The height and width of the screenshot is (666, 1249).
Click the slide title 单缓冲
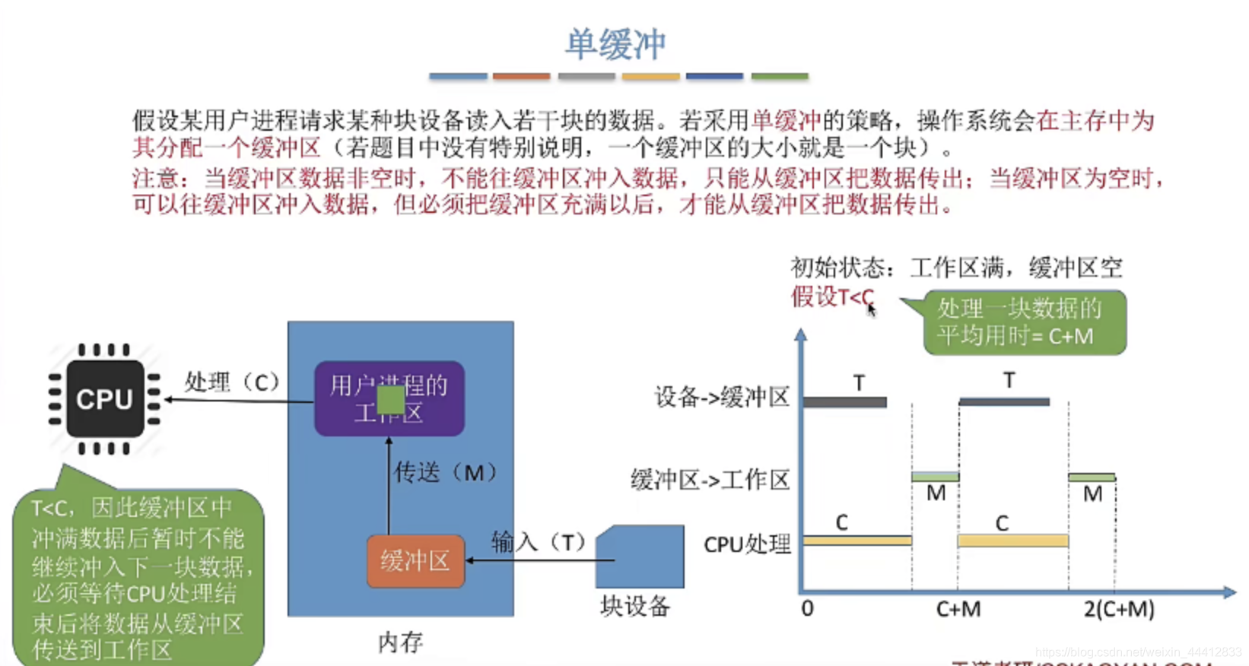(615, 44)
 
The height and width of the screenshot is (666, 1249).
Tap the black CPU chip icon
(105, 398)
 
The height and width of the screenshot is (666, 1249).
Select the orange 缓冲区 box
(415, 561)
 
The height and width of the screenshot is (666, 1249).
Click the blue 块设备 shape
(640, 557)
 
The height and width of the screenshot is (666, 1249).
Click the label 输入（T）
(538, 542)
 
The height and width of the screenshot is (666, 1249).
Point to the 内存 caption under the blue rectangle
(401, 642)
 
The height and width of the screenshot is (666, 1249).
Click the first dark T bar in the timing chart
(845, 402)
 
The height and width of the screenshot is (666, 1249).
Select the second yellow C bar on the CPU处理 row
(1012, 541)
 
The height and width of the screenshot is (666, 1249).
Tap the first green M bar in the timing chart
(935, 477)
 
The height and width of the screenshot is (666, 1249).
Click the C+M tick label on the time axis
(958, 609)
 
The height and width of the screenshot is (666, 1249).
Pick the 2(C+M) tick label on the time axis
(1119, 609)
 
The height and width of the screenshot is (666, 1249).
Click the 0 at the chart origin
(807, 608)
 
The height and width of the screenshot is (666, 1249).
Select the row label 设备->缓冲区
(722, 397)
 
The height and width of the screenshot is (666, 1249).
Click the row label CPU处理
(747, 544)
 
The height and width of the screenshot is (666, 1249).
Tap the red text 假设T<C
(832, 297)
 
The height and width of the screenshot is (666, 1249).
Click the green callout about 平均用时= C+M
(1024, 322)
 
